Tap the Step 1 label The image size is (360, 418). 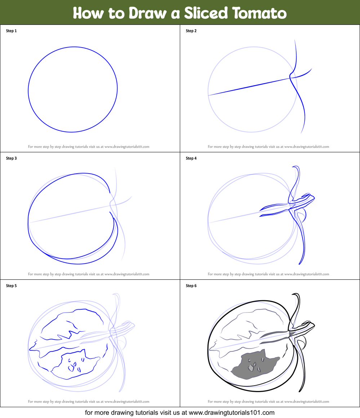pyautogui.click(x=11, y=31)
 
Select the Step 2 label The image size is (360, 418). pyautogui.click(x=191, y=31)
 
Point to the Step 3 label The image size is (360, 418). pyautogui.click(x=11, y=158)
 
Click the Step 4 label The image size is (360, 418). pyautogui.click(x=191, y=158)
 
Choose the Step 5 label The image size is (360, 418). pyautogui.click(x=11, y=286)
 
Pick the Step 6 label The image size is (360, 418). pyautogui.click(x=191, y=286)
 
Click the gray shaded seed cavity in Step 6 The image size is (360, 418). pyautogui.click(x=252, y=365)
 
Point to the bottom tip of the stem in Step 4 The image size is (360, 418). pyautogui.click(x=299, y=264)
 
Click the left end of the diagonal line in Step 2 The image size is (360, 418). pyautogui.click(x=209, y=95)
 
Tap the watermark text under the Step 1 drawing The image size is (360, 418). pyautogui.click(x=89, y=147)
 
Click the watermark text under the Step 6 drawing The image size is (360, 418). pyautogui.click(x=268, y=401)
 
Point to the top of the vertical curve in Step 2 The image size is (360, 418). pyautogui.click(x=295, y=40)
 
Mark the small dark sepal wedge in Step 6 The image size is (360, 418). pyautogui.click(x=291, y=333)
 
